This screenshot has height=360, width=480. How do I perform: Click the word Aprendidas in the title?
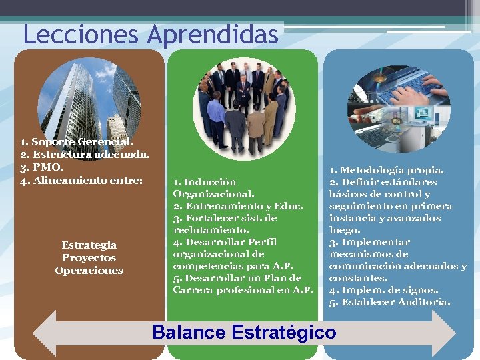[214, 35]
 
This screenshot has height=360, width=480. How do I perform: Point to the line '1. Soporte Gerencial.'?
[77, 142]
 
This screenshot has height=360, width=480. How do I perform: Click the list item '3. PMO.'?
[41, 166]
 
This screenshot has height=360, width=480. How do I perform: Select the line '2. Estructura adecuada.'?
[85, 154]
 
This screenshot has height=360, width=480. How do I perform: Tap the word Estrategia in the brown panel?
[89, 245]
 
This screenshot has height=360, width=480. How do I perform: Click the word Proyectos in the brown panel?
[89, 258]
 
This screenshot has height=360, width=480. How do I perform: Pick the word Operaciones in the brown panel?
[89, 271]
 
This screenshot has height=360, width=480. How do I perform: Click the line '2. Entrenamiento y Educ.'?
[238, 206]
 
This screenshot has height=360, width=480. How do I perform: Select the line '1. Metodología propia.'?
[386, 170]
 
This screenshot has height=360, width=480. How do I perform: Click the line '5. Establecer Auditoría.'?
[389, 302]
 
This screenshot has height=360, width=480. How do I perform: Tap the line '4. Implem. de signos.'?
[383, 290]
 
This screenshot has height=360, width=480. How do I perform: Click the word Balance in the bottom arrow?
[191, 332]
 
